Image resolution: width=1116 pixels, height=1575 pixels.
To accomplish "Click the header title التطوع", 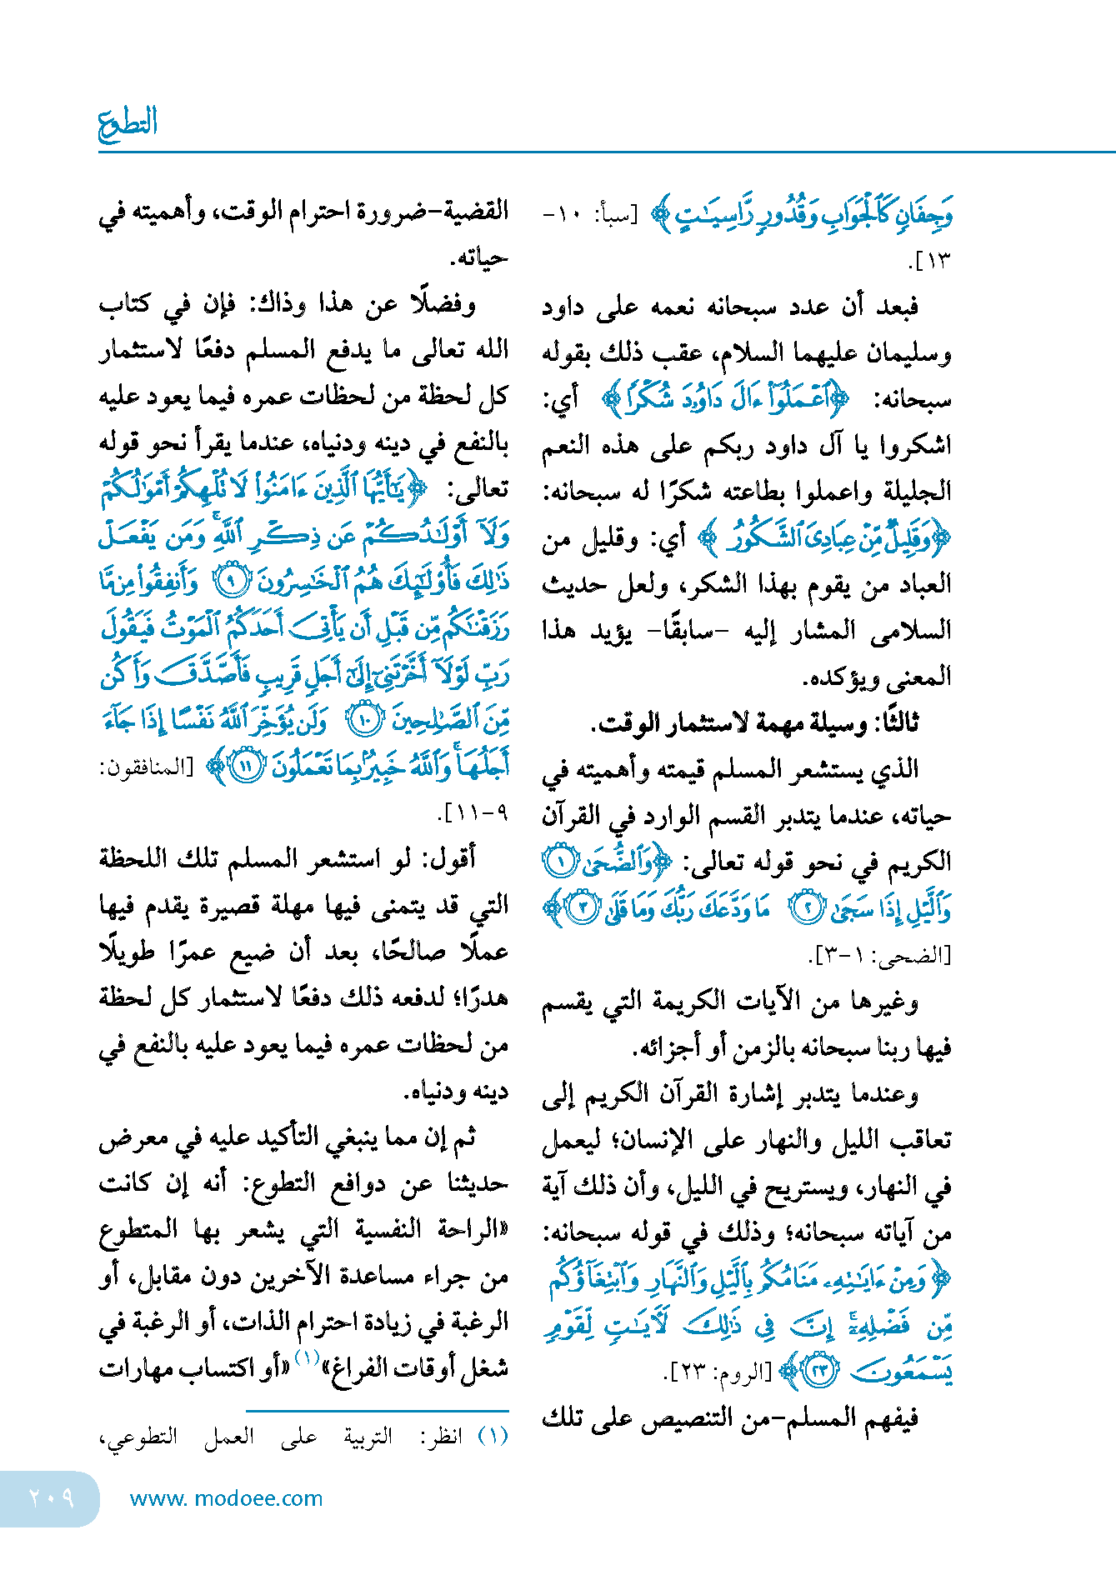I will coord(128,123).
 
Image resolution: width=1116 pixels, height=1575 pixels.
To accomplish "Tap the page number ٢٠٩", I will coord(51,1498).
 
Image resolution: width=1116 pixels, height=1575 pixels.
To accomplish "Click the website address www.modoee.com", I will coord(226,1498).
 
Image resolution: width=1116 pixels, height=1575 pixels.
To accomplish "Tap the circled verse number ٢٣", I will coord(820,1370).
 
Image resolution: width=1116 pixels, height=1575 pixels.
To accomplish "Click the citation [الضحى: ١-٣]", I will coord(880,955).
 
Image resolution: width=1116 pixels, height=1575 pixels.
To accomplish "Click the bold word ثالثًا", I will coord(890,722).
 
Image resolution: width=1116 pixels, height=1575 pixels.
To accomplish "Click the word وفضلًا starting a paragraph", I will coord(443,304).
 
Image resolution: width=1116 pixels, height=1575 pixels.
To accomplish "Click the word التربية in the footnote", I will coord(368,1436).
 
